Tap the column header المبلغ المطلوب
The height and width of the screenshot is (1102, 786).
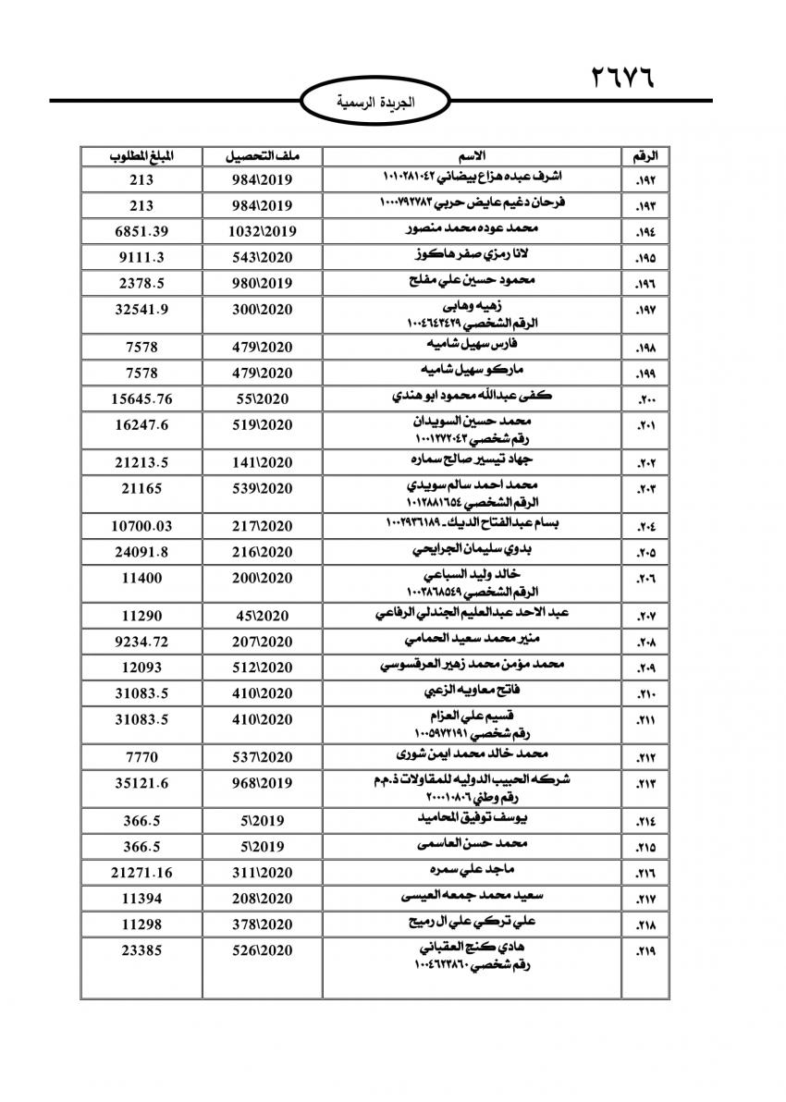click(x=140, y=154)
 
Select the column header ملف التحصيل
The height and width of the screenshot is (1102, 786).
click(x=261, y=154)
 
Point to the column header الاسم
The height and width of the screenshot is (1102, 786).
click(x=472, y=154)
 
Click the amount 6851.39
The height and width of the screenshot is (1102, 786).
click(x=140, y=230)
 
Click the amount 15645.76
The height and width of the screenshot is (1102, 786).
click(x=140, y=398)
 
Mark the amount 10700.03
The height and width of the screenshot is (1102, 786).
click(x=140, y=526)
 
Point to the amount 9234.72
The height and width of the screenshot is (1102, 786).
click(x=140, y=641)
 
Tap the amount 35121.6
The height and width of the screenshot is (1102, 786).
click(x=140, y=783)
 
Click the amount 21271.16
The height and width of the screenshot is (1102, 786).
click(x=140, y=872)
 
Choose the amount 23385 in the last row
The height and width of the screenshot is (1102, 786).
click(x=140, y=949)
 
